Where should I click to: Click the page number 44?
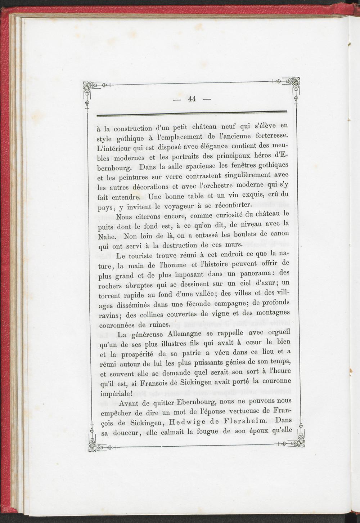pyautogui.click(x=192, y=99)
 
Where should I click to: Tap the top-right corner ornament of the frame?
pyautogui.click(x=295, y=84)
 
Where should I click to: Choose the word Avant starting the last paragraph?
pyautogui.click(x=131, y=403)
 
